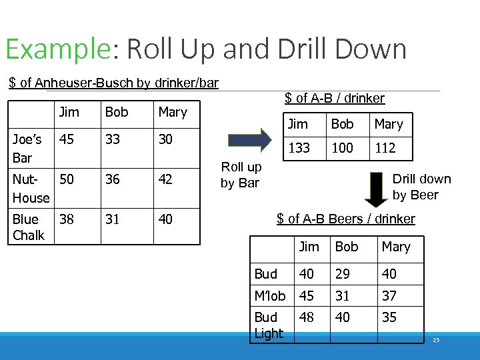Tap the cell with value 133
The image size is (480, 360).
299,148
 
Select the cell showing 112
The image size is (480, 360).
385,148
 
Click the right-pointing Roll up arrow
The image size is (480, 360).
249,140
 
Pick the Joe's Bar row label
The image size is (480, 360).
27,148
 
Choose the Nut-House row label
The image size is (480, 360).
31,188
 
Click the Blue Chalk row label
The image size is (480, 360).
28,227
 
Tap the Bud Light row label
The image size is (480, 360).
269,325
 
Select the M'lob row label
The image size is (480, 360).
270,295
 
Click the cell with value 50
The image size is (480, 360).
67,179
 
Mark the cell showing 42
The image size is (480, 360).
166,179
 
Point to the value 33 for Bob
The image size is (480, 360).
113,139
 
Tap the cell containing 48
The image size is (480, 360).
307,317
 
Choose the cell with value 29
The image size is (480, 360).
343,273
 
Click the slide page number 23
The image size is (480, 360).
436,340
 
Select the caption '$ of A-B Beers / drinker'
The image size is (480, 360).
345,219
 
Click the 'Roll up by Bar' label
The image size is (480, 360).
241,175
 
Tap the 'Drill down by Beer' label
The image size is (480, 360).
421,187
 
